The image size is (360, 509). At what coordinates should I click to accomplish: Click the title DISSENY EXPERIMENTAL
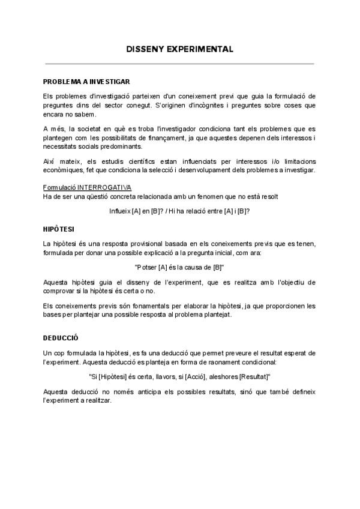pyautogui.click(x=179, y=50)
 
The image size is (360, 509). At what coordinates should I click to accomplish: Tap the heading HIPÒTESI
pyautogui.click(x=58, y=229)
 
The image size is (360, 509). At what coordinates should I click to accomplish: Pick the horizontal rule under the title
pyautogui.click(x=179, y=63)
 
